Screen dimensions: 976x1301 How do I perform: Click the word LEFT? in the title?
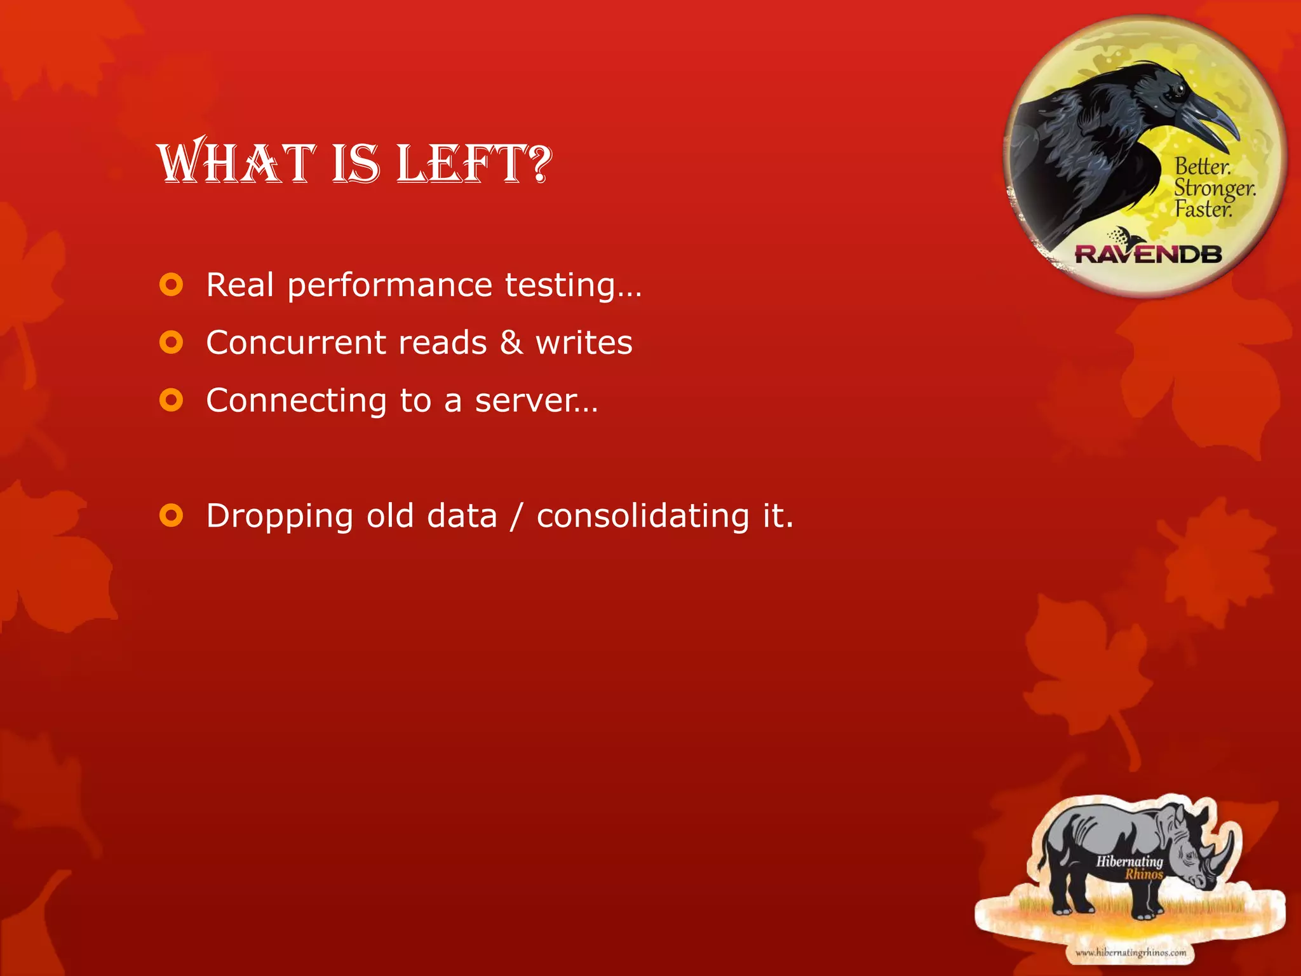click(474, 164)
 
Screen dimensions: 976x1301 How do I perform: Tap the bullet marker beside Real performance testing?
click(171, 285)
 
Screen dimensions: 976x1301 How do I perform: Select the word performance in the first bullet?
click(389, 285)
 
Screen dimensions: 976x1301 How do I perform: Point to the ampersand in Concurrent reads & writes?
click(511, 342)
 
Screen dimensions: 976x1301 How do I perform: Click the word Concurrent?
click(296, 342)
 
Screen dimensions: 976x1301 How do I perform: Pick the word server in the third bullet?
click(526, 401)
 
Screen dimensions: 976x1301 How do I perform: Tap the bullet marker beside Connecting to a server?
click(171, 400)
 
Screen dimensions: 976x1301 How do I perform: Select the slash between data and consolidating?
click(516, 515)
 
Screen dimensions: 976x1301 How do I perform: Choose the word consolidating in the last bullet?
click(643, 515)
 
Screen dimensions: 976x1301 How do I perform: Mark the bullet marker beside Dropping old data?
click(171, 515)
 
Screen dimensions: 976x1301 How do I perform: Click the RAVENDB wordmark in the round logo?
click(1148, 254)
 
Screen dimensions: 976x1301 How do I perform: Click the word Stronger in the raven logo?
click(1213, 188)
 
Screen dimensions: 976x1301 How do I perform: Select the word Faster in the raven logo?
click(1203, 209)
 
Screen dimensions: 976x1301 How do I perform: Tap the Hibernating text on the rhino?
click(1129, 862)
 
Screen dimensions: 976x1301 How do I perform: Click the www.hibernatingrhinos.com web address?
click(1130, 952)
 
